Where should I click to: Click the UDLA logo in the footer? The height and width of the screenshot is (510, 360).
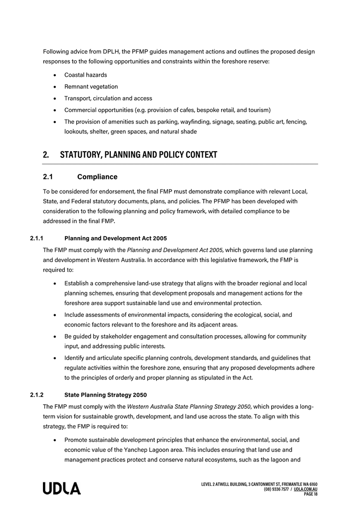coord(62,489)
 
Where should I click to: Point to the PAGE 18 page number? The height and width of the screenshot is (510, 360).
coord(310,494)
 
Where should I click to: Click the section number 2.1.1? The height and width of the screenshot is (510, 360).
coord(37,238)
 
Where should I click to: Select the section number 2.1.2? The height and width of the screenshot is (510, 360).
coord(37,395)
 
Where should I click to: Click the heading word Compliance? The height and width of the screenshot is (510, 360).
coord(97,177)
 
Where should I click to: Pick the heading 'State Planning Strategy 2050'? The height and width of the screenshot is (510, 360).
coord(106,395)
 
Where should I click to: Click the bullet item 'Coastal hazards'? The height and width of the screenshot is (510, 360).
coord(86,75)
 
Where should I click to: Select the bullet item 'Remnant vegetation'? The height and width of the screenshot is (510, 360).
coord(91,86)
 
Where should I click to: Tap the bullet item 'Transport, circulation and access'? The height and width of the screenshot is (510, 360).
coord(108,98)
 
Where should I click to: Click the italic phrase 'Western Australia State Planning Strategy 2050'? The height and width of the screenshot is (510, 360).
coord(188,406)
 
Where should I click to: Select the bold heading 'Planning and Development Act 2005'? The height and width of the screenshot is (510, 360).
coord(115,238)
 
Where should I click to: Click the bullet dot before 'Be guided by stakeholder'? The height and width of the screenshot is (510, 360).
coord(55,336)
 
